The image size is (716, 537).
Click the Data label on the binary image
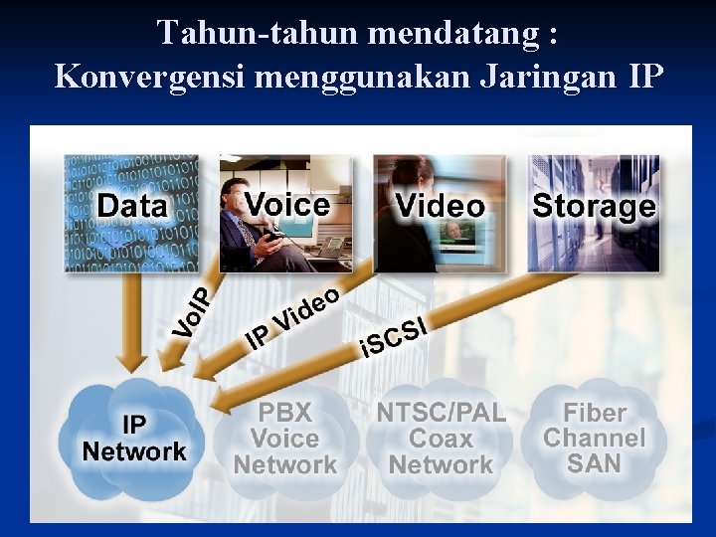click(132, 206)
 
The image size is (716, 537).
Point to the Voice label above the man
click(287, 204)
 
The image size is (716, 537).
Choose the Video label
click(440, 206)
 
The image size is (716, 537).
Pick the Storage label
click(594, 206)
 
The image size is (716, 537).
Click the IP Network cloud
click(133, 439)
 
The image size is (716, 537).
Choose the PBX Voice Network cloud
click(285, 439)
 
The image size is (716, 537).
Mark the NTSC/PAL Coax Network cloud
click(441, 439)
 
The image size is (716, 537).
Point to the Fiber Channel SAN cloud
click(595, 438)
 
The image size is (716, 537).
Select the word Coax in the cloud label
click(441, 439)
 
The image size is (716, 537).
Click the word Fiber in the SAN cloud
click(595, 413)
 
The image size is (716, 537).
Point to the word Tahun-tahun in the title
click(258, 34)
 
